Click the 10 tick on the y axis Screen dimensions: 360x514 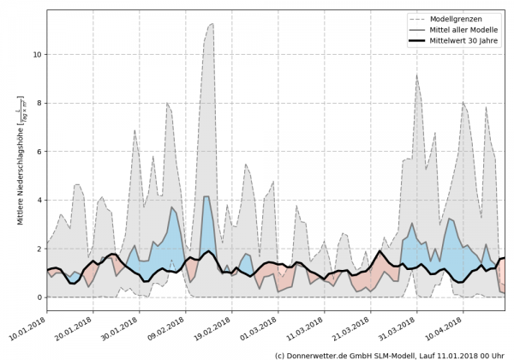(36, 54)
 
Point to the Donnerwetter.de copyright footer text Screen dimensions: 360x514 (390, 354)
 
